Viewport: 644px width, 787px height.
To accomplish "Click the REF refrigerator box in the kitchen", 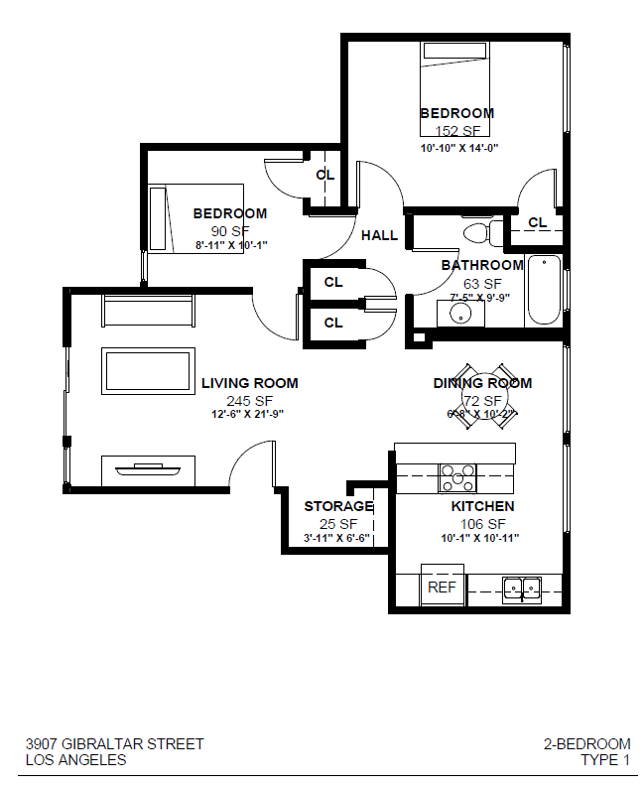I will (443, 585).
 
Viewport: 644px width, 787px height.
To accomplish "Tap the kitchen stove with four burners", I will (457, 477).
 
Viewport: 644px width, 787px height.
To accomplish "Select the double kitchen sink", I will (520, 589).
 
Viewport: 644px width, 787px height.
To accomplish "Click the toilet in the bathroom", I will (478, 234).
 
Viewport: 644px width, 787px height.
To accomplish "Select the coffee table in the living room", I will (149, 370).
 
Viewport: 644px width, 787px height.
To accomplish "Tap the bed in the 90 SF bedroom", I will (195, 218).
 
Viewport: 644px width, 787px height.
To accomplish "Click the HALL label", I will (379, 235).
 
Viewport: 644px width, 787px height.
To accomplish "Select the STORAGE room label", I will (338, 506).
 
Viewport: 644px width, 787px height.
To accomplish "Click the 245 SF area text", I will (249, 400).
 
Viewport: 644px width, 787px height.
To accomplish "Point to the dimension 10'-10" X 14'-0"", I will (457, 147).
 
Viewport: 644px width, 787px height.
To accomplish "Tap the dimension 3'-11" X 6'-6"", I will (338, 538).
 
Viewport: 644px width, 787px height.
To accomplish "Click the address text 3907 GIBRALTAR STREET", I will (114, 743).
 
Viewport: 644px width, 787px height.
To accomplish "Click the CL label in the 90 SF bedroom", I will (324, 175).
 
